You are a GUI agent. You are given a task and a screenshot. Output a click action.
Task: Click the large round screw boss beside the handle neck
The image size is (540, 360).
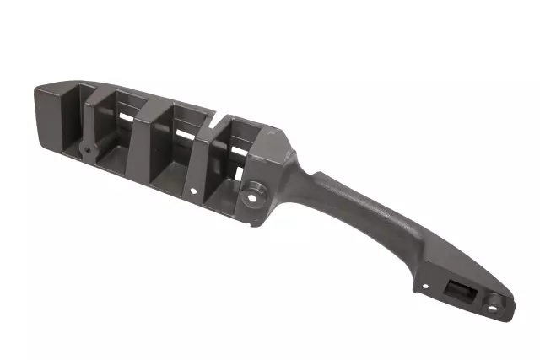click(254, 194)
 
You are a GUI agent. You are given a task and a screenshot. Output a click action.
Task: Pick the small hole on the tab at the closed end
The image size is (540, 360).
click(86, 152)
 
